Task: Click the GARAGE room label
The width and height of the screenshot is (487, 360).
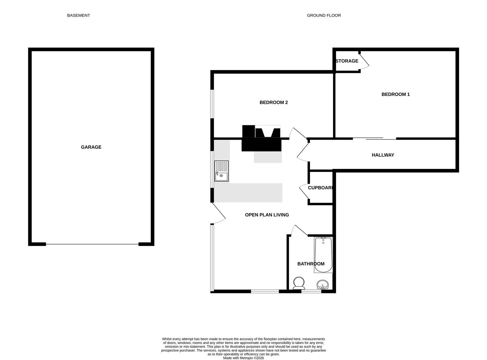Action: point(91,147)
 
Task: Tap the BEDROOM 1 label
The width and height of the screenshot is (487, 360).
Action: point(395,94)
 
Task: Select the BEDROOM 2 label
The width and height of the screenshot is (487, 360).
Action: point(273,102)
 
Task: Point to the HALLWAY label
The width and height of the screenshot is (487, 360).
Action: point(383,155)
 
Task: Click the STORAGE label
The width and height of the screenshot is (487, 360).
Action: point(347,61)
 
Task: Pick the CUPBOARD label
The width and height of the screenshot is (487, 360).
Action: point(320,188)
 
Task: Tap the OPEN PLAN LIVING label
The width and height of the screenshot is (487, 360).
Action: point(267,215)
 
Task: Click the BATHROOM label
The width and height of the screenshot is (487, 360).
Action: point(311,264)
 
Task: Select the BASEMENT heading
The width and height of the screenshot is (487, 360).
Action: point(78,15)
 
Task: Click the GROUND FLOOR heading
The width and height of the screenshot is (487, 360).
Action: point(324,15)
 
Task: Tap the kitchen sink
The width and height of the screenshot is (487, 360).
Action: point(221,171)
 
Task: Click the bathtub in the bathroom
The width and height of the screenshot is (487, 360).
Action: point(323,255)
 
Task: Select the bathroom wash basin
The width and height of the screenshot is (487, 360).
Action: point(323,285)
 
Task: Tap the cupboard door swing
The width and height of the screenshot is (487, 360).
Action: point(304,192)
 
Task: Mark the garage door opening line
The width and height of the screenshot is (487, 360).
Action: point(92,244)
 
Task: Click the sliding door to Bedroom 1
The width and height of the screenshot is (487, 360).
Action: point(374,138)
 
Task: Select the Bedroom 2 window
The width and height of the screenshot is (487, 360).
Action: point(212,104)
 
